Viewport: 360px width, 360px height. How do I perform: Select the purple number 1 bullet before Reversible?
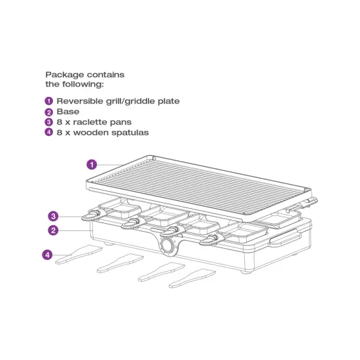(x=48, y=101)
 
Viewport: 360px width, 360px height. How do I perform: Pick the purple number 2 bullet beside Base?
(x=48, y=112)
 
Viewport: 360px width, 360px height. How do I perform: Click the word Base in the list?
(x=68, y=112)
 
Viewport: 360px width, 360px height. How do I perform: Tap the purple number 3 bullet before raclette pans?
(x=48, y=122)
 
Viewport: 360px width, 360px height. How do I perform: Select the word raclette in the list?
(x=94, y=122)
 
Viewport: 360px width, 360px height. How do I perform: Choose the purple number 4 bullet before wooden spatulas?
(x=48, y=133)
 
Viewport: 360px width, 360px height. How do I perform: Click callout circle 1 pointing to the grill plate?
(x=92, y=164)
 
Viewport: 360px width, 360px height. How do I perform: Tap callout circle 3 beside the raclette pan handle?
(x=54, y=215)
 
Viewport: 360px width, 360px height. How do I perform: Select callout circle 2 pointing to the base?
(x=54, y=230)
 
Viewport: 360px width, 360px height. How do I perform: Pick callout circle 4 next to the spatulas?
(x=48, y=255)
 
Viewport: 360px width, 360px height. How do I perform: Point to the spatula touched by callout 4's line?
(x=75, y=255)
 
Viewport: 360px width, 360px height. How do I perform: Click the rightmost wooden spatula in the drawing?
(x=192, y=278)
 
